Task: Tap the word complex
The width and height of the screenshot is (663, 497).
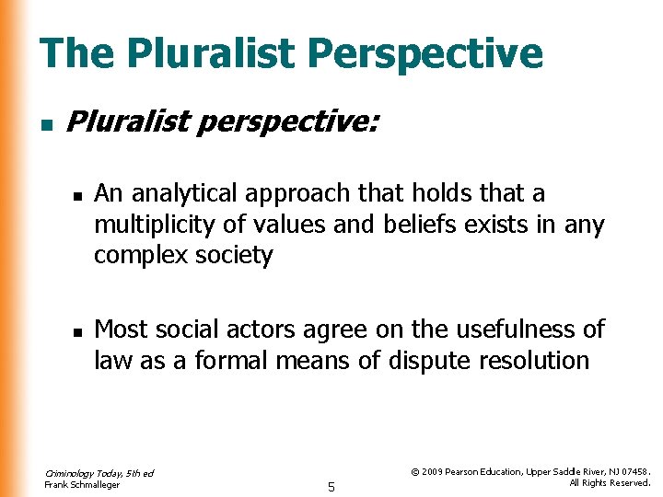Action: point(139,255)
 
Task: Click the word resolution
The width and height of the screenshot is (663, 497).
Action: point(533,360)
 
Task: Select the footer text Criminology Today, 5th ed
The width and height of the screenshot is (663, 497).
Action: point(99,473)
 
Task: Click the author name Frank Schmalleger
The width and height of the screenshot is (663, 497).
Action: point(82,485)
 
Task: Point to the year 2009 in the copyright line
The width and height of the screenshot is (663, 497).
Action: point(436,471)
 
